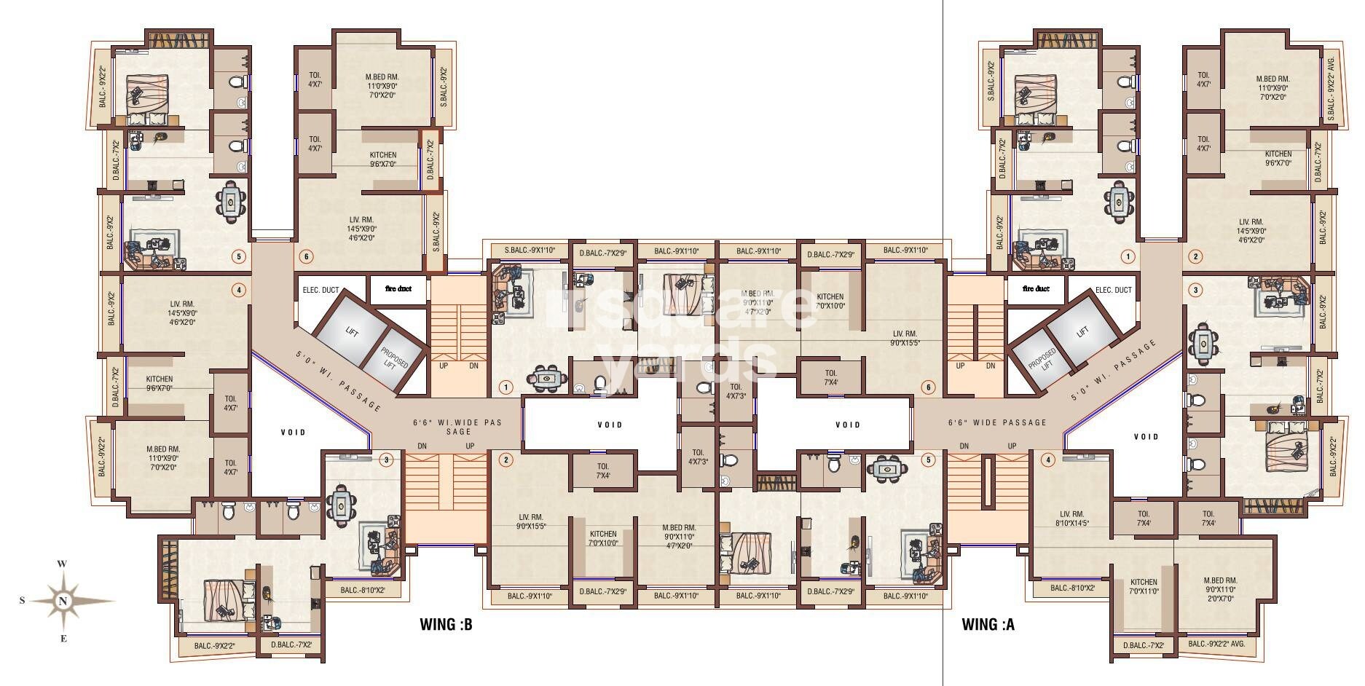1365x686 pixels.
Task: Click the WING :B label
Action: [447, 624]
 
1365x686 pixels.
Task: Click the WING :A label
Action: [988, 624]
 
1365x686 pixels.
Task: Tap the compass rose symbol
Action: [65, 601]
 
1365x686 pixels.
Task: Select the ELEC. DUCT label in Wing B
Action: [320, 290]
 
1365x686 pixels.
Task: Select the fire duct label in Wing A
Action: [1036, 289]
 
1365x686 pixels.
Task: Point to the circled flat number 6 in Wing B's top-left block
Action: [306, 256]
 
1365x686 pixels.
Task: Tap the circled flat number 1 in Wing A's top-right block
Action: [1128, 256]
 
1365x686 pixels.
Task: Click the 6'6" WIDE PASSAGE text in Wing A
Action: [997, 422]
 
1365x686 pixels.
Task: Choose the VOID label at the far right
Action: [1146, 437]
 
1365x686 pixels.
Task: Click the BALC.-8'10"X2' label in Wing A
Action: [1073, 588]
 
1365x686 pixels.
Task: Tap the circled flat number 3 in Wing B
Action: [387, 460]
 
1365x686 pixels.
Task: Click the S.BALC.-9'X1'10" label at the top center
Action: [530, 251]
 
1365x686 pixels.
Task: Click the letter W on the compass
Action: [63, 564]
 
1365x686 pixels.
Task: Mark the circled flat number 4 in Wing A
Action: [1048, 460]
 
